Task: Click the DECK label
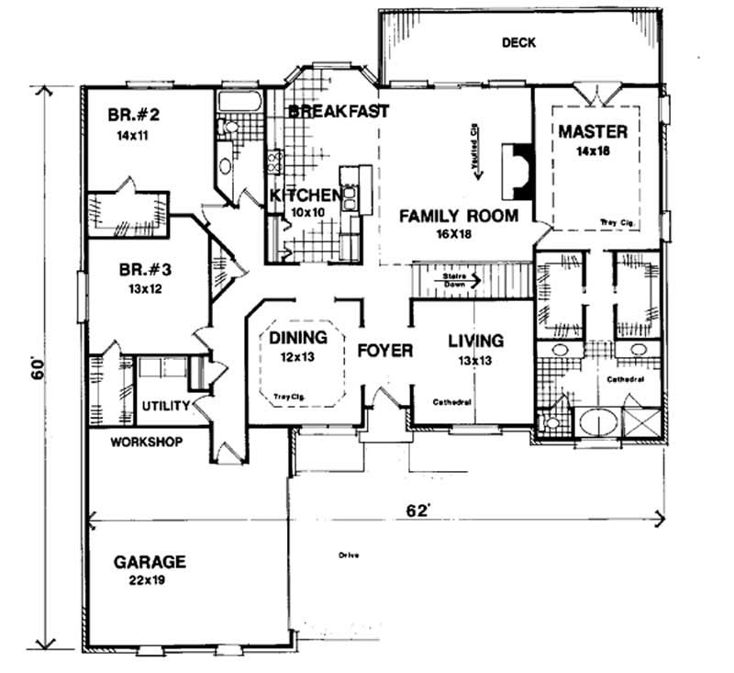click(518, 42)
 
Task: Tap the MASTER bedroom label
click(593, 131)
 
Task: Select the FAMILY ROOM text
click(458, 217)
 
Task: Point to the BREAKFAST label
click(339, 111)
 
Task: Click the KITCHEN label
click(306, 196)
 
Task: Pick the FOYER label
click(384, 350)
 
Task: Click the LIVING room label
click(475, 342)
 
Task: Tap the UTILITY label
click(165, 405)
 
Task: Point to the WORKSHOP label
click(146, 442)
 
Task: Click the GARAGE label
click(150, 562)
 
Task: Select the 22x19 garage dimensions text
click(150, 580)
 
